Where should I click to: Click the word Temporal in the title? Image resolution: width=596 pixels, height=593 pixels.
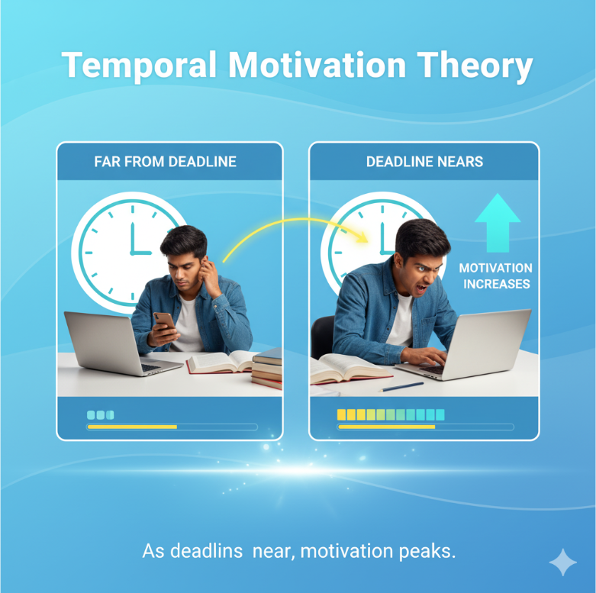[x=141, y=66]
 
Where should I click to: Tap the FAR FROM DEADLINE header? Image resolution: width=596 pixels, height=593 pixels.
[x=166, y=162]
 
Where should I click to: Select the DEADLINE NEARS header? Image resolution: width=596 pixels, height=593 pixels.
[x=424, y=162]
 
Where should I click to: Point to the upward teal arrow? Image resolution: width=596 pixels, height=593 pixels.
[x=497, y=221]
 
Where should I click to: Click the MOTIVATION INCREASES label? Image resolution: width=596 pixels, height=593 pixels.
[x=495, y=276]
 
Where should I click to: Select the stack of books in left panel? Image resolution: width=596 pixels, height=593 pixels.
[x=267, y=369]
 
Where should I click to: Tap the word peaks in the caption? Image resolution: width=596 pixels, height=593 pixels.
[x=430, y=550]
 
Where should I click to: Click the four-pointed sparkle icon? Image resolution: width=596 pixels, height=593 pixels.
[x=563, y=562]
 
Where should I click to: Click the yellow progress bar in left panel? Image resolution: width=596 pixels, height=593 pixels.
[x=132, y=427]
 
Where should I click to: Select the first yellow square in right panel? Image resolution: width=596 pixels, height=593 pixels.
[x=342, y=414]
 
